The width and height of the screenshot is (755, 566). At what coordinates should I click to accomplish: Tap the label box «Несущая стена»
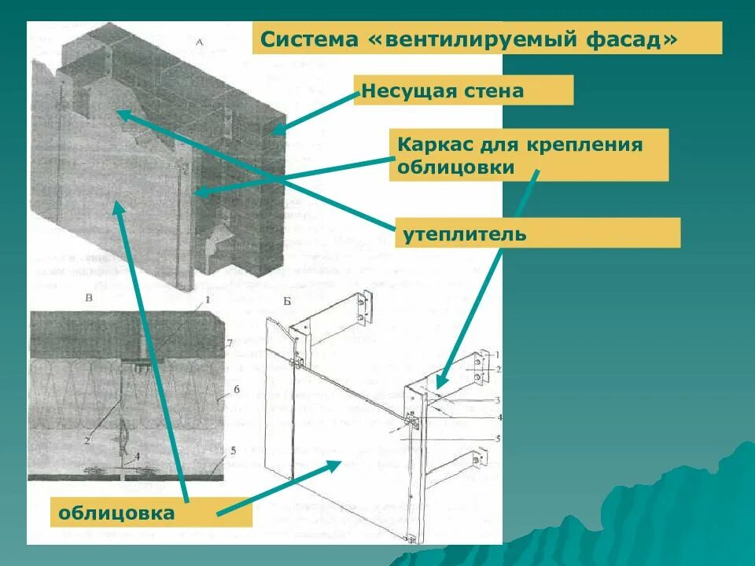[463, 90]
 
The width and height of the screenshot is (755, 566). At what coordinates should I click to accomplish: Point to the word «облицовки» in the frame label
[456, 167]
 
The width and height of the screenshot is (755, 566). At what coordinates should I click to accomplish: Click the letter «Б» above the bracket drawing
[287, 302]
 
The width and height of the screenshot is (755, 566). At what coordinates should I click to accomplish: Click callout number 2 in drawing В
[87, 441]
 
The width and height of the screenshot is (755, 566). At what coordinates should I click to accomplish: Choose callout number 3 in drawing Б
[496, 400]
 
